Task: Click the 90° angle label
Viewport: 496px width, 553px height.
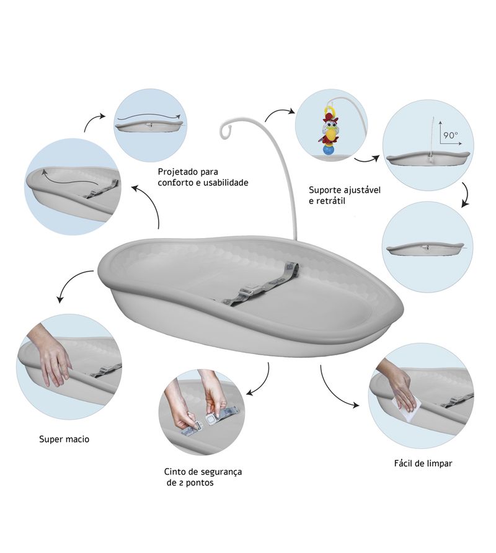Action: [451, 135]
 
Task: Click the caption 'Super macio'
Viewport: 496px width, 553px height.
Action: [64, 440]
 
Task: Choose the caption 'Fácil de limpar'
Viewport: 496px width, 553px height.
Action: [423, 464]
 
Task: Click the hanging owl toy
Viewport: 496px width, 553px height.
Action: [329, 127]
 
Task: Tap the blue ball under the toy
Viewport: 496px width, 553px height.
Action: [328, 150]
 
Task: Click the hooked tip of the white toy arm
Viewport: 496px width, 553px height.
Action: [224, 131]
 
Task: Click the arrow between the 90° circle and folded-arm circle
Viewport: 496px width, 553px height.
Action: [467, 195]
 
